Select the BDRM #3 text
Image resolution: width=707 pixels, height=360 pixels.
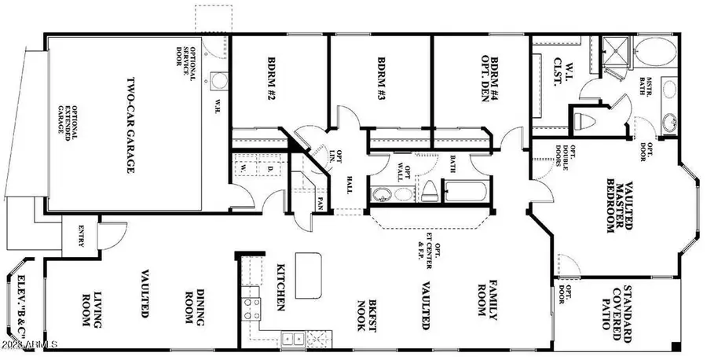pos(381,79)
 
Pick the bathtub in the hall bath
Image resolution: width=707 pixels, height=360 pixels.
pos(467,191)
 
